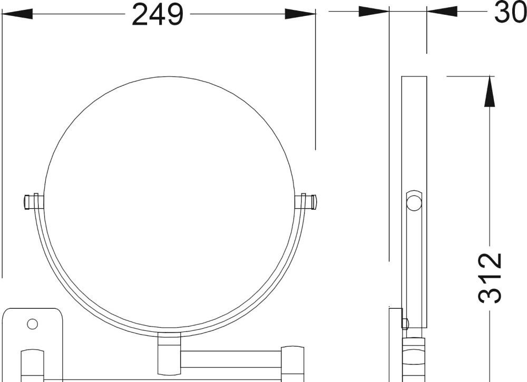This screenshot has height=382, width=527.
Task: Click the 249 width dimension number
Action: (x=158, y=14)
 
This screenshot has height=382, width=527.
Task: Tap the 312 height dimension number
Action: (x=490, y=278)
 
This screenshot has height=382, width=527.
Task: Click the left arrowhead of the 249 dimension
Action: (x=17, y=14)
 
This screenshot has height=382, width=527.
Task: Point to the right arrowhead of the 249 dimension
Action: (x=300, y=14)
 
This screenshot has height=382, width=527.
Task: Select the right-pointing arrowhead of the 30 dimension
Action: (x=374, y=12)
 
